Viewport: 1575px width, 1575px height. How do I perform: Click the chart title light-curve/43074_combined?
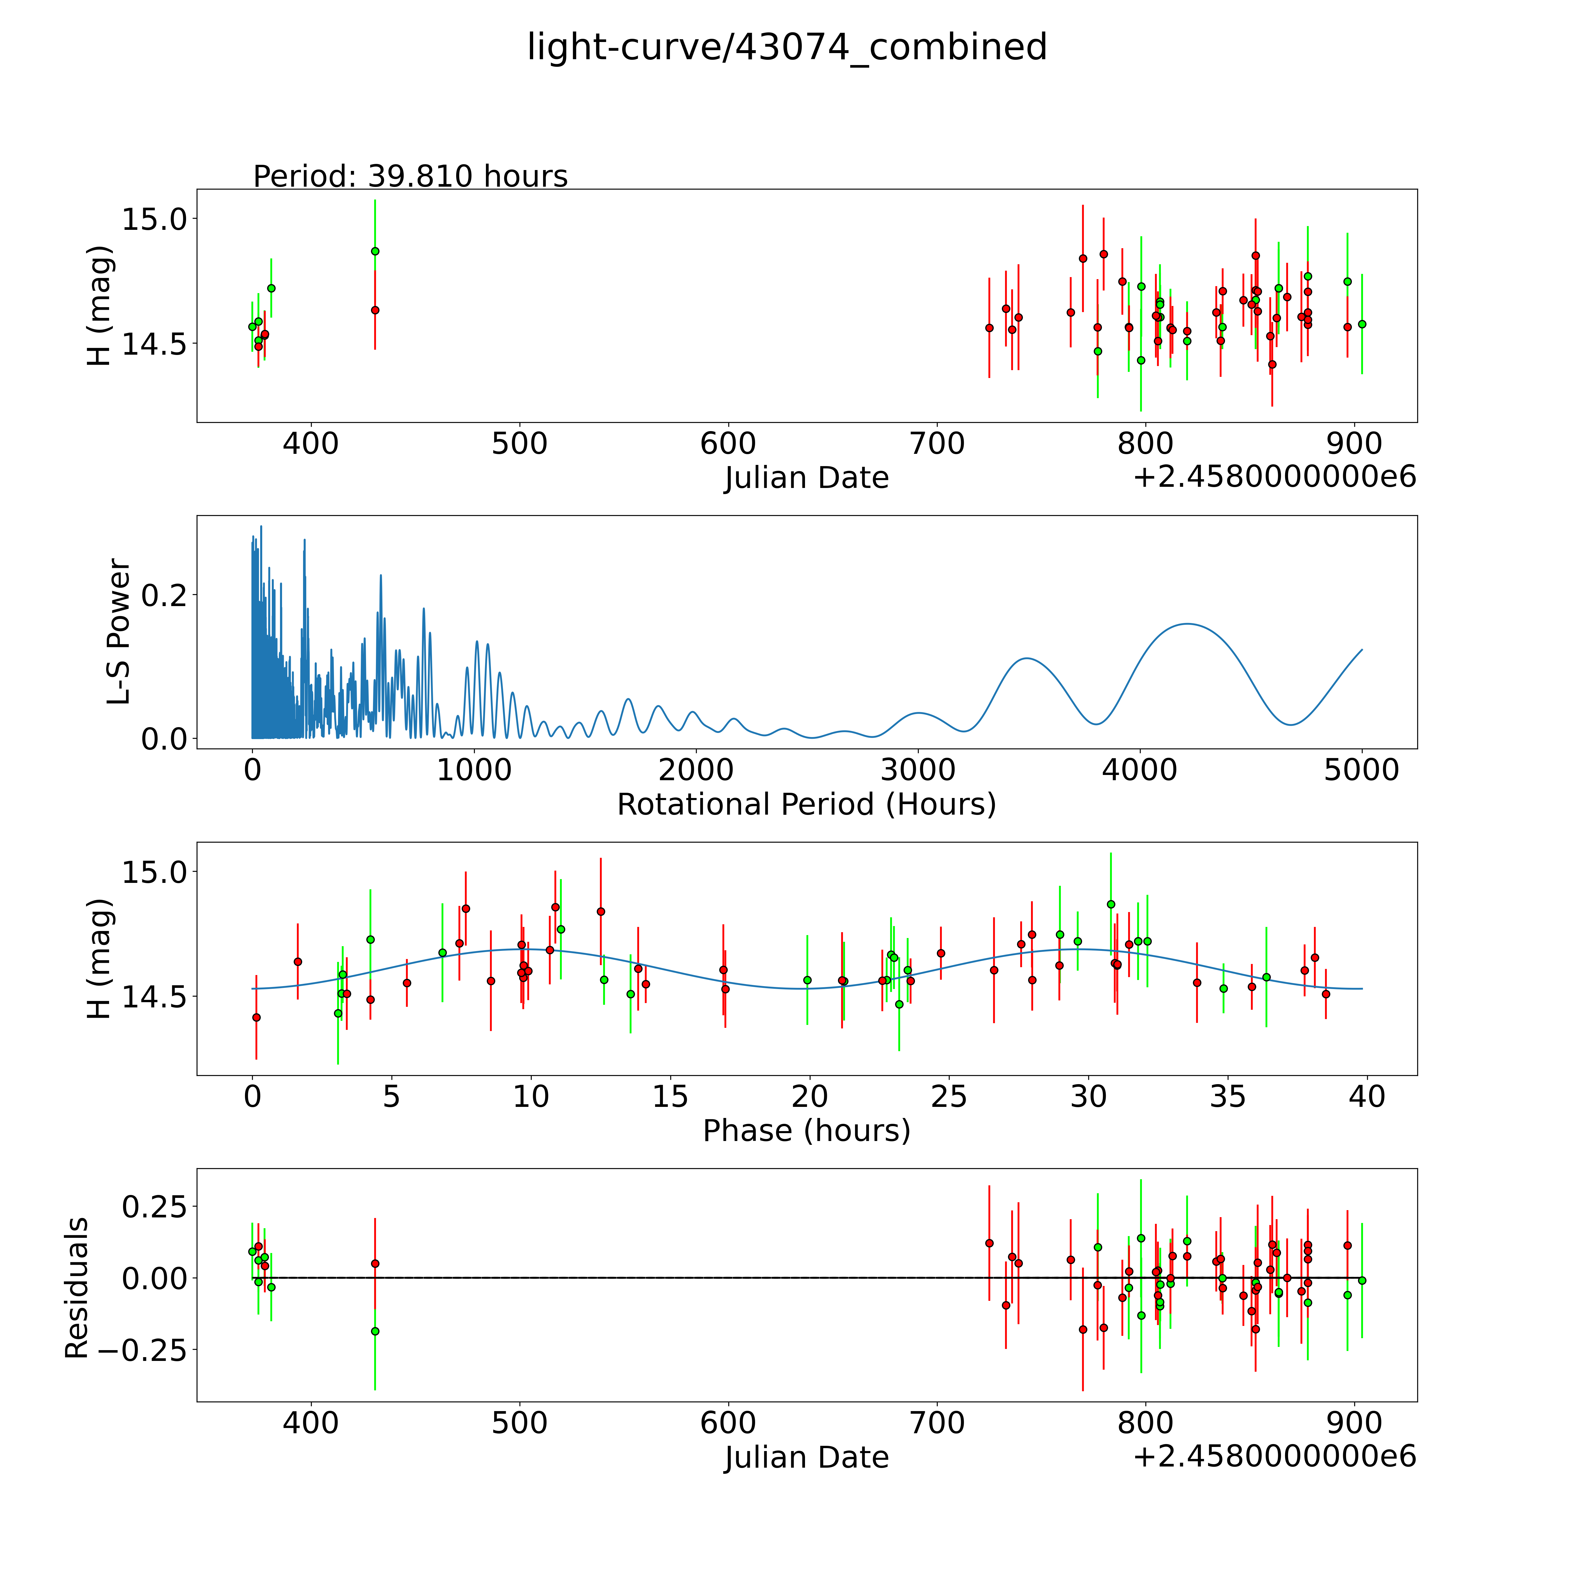[787, 47]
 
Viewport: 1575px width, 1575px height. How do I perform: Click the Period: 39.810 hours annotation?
[410, 176]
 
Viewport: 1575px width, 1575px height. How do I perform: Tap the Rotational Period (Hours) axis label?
[806, 805]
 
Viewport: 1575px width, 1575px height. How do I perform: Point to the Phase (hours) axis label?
[806, 1131]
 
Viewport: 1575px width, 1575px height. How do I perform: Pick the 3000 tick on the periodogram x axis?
[918, 770]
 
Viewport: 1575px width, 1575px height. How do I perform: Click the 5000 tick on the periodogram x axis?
[1361, 770]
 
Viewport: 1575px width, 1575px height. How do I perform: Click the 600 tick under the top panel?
[728, 444]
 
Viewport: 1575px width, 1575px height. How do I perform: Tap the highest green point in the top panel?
[375, 251]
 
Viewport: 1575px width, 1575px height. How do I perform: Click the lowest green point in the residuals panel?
[375, 1331]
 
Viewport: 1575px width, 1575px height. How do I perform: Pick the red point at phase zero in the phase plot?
[257, 1017]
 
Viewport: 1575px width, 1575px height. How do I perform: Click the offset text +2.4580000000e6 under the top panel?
[1274, 477]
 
